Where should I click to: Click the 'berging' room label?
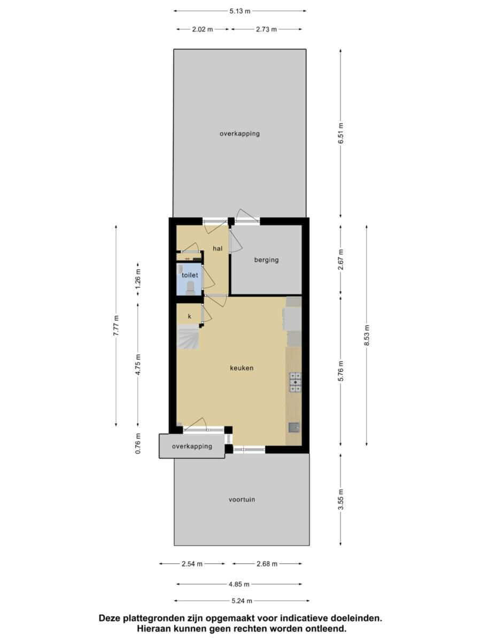266,259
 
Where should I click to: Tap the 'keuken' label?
242,368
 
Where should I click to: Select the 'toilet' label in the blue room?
190,275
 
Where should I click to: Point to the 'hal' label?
218,248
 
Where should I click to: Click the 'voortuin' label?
242,500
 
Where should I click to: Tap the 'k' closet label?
190,316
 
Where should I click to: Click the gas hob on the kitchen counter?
295,383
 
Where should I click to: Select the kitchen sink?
294,427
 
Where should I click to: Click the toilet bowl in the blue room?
190,287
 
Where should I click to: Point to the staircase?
188,337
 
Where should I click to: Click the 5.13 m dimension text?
240,11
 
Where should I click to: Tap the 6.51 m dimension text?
341,133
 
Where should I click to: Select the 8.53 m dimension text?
367,335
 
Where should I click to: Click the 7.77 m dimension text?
116,325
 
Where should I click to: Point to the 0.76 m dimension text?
138,444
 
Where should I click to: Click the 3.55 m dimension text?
341,499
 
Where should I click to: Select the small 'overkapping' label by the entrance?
192,446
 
